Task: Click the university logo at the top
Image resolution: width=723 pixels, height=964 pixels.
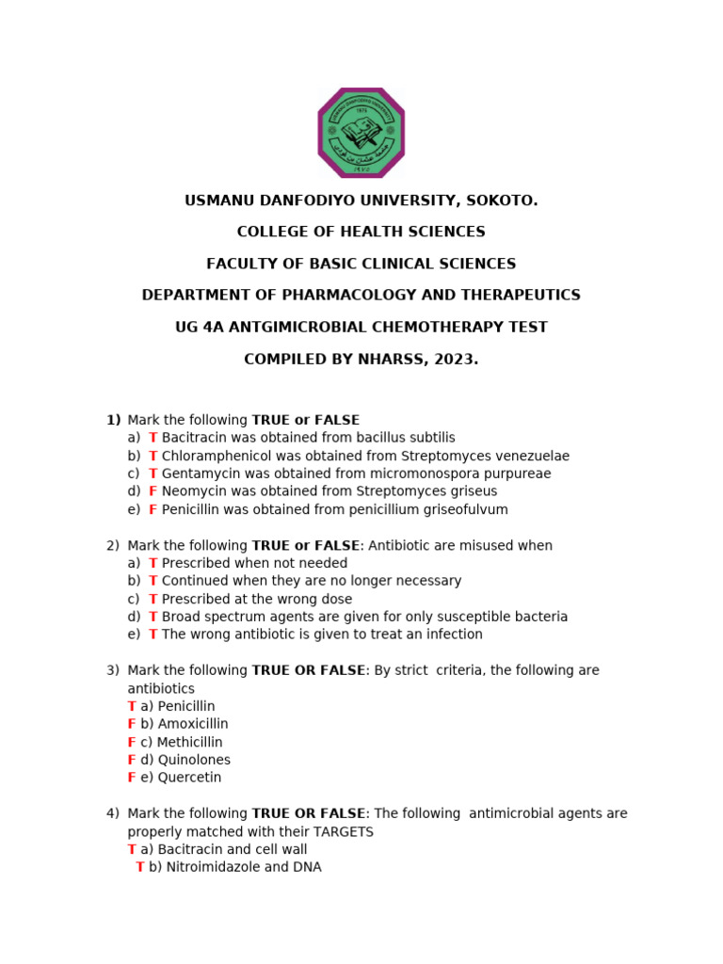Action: [x=361, y=133]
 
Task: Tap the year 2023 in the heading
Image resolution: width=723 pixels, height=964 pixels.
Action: [x=455, y=360]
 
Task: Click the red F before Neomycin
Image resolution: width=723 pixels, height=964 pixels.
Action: [x=153, y=491]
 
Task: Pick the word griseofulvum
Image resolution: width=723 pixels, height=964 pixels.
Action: [x=462, y=509]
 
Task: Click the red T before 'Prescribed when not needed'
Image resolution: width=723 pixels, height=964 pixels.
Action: [x=153, y=563]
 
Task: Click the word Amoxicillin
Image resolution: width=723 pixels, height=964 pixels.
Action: [x=193, y=724]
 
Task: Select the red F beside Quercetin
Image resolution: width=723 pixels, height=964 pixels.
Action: [x=132, y=778]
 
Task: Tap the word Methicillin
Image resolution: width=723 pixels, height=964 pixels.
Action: [x=190, y=742]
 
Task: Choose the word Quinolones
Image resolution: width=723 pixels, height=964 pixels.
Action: [x=195, y=760]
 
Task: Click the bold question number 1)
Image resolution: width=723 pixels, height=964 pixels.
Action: [x=113, y=420]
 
